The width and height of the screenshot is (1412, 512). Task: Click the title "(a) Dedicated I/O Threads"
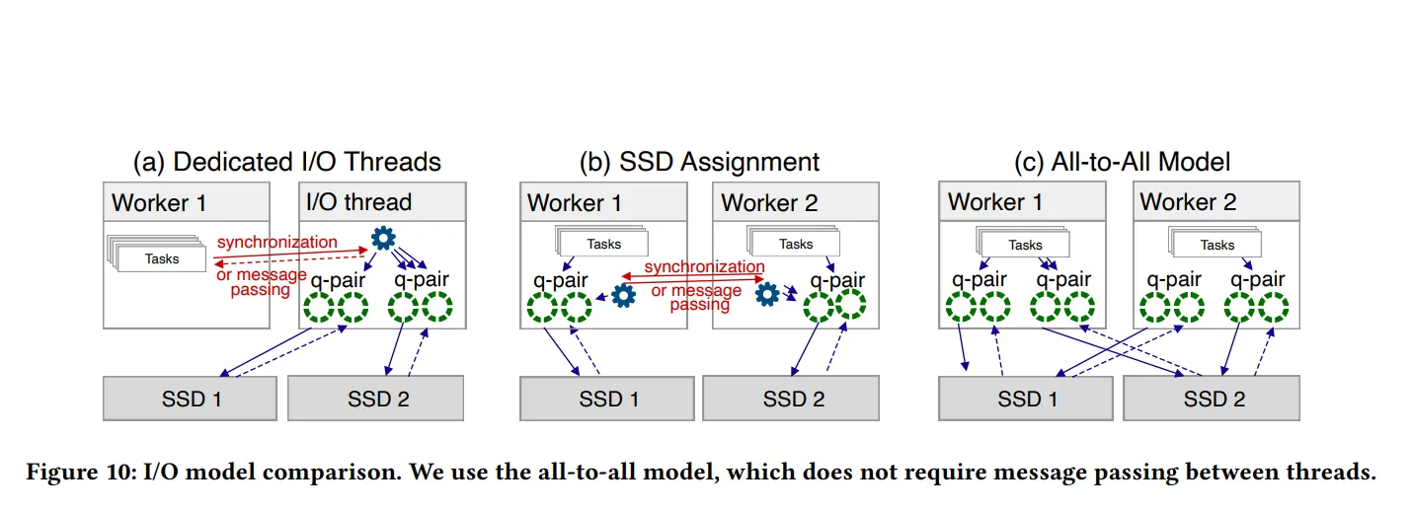(x=286, y=161)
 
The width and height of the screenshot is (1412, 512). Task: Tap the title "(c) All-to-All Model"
(x=1123, y=161)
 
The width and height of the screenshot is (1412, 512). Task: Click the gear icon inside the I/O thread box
(x=382, y=239)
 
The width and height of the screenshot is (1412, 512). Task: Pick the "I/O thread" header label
(x=358, y=202)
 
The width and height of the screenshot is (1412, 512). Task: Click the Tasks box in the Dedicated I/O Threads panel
(x=162, y=258)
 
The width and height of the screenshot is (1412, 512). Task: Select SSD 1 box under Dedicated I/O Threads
(x=191, y=399)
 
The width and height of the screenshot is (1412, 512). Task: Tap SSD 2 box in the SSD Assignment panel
(x=794, y=399)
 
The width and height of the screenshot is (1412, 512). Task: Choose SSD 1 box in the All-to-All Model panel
(x=1026, y=399)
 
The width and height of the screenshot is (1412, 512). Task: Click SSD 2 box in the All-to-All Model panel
(x=1213, y=399)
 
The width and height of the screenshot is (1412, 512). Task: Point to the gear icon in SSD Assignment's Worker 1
(x=623, y=295)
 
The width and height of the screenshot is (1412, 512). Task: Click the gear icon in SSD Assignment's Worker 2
(x=767, y=292)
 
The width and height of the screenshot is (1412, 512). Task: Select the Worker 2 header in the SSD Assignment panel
(x=769, y=203)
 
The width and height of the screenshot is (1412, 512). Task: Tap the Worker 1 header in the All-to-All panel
(x=995, y=202)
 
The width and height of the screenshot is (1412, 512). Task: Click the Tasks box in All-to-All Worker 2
(x=1216, y=245)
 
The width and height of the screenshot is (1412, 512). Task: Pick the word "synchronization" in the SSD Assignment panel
(x=704, y=266)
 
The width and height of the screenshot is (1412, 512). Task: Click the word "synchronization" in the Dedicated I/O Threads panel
(x=276, y=242)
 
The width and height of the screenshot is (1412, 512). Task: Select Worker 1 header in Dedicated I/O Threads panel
(x=159, y=203)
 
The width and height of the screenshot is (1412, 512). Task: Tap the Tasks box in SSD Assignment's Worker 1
(x=604, y=244)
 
